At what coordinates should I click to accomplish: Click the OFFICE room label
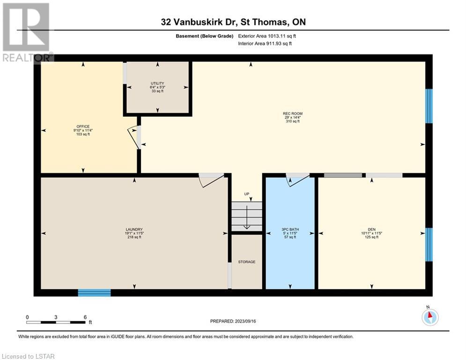[x=83, y=127]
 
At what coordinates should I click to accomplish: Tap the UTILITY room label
[x=157, y=83]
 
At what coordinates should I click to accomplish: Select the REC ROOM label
[x=293, y=113]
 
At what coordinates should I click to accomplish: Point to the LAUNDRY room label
[x=134, y=229]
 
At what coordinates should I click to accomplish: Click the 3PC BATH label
[x=290, y=229]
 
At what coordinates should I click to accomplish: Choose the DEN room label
[x=371, y=229]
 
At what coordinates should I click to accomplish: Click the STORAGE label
[x=247, y=262]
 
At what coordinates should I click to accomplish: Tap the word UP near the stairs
[x=247, y=194]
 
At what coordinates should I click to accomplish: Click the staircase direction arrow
[x=247, y=216]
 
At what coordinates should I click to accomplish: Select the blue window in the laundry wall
[x=95, y=293]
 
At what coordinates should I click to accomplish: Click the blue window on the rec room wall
[x=429, y=106]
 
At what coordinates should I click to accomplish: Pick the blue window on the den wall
[x=429, y=245]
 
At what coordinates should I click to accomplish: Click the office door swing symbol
[x=134, y=137]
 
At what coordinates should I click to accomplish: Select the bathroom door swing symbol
[x=298, y=180]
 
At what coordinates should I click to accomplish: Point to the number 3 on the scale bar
[x=56, y=317]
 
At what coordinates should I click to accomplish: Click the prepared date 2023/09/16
[x=245, y=321]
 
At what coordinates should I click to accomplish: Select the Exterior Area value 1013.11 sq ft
[x=282, y=36]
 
